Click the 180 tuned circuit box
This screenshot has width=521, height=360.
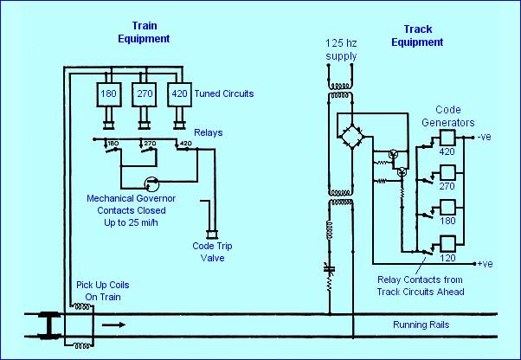pyautogui.click(x=110, y=93)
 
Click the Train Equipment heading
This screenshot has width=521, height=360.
pyautogui.click(x=143, y=33)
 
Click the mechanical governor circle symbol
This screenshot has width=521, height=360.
pyautogui.click(x=151, y=184)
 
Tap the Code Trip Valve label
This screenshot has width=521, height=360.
pyautogui.click(x=211, y=251)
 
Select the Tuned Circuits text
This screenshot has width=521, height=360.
pyautogui.click(x=226, y=93)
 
